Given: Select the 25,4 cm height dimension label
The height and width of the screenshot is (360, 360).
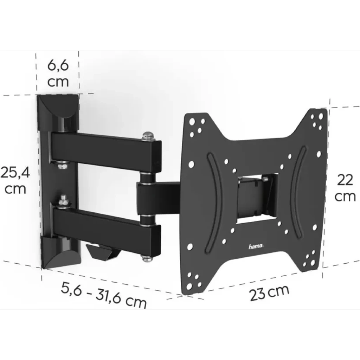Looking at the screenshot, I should click(14, 180).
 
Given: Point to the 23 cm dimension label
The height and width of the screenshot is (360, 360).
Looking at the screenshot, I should click(270, 292).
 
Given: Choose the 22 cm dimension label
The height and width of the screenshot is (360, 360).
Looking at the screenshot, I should click(345, 188).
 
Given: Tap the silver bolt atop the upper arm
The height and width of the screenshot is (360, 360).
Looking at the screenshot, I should click(148, 135).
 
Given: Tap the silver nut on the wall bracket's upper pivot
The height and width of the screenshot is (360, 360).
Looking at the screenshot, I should click(63, 164).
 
